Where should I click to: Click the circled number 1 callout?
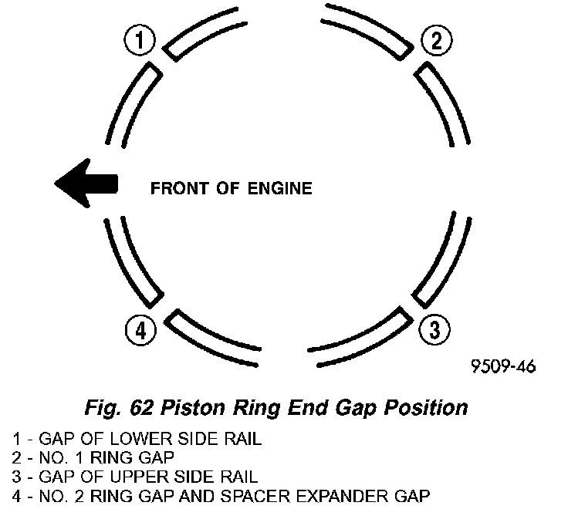tap(140, 40)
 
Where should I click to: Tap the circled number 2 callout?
tap(437, 40)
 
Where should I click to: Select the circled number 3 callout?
tap(435, 330)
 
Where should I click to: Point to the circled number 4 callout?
tap(140, 330)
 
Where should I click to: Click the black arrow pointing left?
tap(86, 184)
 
